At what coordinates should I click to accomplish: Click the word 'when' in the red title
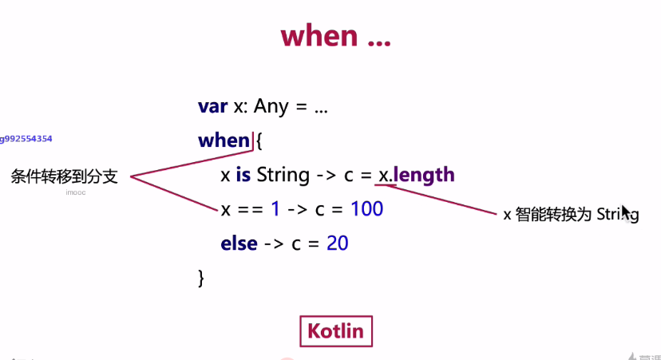click(319, 36)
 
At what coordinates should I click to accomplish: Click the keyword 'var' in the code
click(213, 106)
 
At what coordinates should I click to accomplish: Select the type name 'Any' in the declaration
click(271, 106)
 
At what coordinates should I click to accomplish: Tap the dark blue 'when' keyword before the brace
click(224, 140)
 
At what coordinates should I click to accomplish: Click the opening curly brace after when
click(259, 140)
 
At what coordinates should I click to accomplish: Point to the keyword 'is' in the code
click(243, 175)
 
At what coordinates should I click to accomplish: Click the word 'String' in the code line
click(283, 176)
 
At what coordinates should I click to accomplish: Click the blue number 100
click(366, 209)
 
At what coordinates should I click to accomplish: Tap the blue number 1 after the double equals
click(275, 209)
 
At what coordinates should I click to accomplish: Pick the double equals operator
click(251, 209)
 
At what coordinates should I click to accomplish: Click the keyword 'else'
click(239, 243)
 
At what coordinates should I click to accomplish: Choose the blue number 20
click(337, 243)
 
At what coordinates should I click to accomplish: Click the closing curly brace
click(201, 279)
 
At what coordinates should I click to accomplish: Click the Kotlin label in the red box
click(336, 331)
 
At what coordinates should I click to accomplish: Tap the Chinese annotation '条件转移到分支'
click(64, 176)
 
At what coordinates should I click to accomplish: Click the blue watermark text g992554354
click(26, 139)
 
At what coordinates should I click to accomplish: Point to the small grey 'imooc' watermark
click(76, 192)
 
